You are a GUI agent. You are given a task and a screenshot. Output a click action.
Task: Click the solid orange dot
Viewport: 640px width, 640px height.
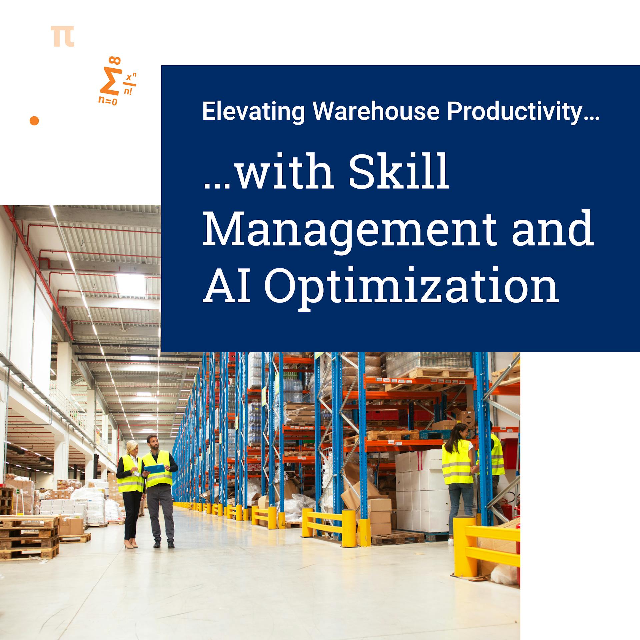click(34, 121)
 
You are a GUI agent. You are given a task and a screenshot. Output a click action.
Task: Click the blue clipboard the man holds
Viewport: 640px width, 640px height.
click(155, 468)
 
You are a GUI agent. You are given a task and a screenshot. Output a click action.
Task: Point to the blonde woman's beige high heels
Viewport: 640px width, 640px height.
click(131, 545)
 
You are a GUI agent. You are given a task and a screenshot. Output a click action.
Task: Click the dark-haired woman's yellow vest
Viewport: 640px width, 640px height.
click(457, 462)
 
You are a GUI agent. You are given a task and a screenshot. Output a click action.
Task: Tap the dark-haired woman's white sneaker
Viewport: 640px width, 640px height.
click(450, 542)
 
